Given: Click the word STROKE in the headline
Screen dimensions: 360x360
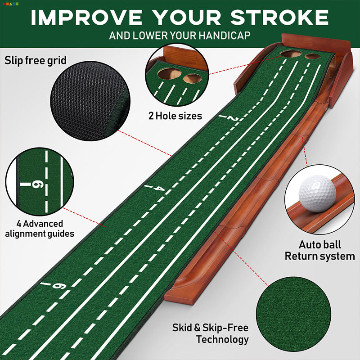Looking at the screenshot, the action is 279,17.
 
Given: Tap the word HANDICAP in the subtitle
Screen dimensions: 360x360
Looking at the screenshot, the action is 224,36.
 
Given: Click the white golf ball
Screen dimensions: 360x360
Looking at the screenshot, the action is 317,193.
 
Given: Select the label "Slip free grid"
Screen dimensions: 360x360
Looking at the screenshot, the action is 36,61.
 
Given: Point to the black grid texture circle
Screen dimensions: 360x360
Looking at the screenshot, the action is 90,101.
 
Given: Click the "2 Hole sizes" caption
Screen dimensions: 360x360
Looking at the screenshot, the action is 175,116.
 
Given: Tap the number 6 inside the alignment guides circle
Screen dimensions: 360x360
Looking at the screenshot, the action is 37,184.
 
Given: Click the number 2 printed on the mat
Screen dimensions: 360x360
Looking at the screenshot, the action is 233,118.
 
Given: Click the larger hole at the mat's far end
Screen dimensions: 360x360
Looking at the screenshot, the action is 291,54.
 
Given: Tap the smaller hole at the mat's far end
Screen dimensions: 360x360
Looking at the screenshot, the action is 312,56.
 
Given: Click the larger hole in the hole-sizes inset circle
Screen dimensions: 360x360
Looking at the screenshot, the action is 170,74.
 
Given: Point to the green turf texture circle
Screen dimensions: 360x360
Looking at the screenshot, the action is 293,314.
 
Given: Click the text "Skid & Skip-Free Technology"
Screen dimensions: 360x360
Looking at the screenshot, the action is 211,333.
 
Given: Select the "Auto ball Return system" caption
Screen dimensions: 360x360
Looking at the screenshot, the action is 319,250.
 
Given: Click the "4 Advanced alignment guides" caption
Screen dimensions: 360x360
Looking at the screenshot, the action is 40,229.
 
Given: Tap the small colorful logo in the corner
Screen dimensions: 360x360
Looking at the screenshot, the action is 10,4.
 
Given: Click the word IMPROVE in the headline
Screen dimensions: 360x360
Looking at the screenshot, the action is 86,17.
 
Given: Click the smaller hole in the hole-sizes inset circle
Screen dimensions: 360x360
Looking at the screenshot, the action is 193,79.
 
